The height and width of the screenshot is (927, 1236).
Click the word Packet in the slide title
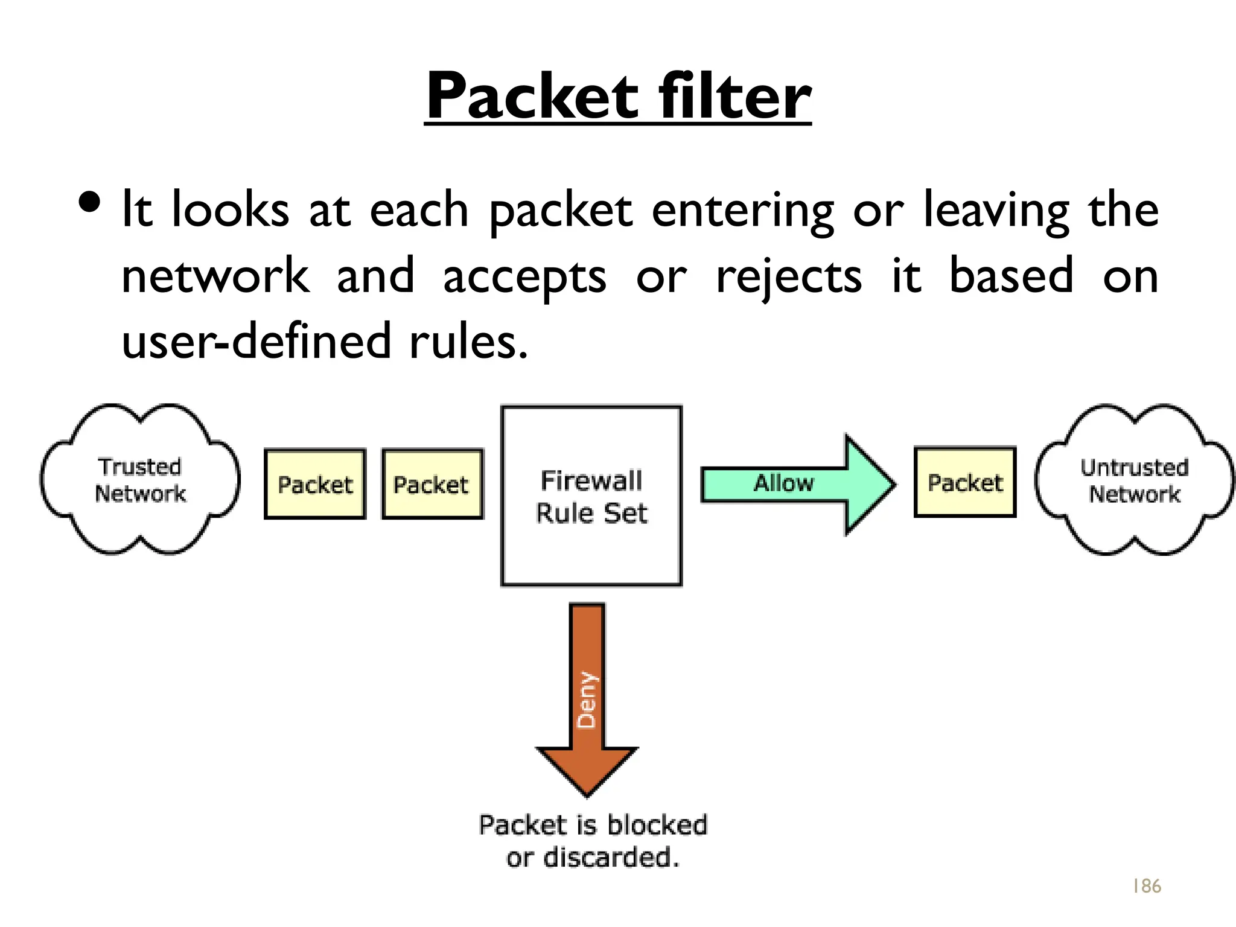(531, 97)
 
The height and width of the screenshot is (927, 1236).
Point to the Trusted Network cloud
(140, 480)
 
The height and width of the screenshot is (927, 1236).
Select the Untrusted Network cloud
(1135, 480)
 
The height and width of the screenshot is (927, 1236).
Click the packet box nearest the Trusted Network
(315, 484)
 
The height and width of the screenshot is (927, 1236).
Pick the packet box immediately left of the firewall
(432, 484)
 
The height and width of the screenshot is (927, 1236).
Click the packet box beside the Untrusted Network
(964, 482)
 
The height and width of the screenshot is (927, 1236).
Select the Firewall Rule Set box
(591, 496)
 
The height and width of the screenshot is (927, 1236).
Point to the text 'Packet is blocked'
(593, 824)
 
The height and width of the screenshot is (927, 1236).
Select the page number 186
(1146, 886)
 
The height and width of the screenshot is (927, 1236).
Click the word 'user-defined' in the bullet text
(256, 342)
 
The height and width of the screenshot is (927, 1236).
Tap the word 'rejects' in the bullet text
(788, 276)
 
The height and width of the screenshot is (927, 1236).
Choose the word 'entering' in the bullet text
(742, 210)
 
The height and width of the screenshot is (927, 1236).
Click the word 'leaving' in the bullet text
(996, 210)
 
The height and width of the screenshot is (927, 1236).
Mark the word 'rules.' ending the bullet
(468, 342)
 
